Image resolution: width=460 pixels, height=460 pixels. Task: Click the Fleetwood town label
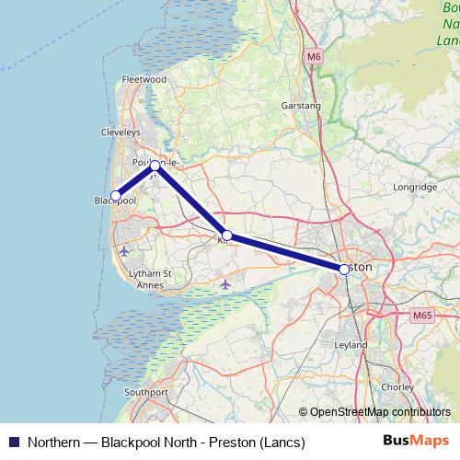click(x=144, y=80)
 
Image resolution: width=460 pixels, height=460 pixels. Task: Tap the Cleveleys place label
click(x=120, y=132)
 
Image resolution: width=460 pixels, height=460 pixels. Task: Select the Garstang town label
click(x=301, y=107)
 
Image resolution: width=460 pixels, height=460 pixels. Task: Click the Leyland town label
click(x=352, y=345)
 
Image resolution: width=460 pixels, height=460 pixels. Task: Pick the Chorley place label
click(x=397, y=387)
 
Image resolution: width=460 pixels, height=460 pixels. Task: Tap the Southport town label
click(x=146, y=392)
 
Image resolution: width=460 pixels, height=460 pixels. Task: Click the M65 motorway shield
click(x=421, y=316)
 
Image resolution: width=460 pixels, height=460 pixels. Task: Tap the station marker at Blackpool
click(x=116, y=195)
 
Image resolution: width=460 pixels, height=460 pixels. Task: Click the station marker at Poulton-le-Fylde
click(x=155, y=166)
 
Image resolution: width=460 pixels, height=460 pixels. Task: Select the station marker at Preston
click(x=344, y=269)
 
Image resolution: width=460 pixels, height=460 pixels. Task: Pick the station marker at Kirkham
click(x=226, y=236)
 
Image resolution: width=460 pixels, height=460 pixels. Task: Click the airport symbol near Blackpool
click(x=124, y=250)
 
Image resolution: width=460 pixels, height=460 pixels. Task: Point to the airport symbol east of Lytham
click(x=225, y=283)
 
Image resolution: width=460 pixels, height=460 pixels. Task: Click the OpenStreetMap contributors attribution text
click(x=380, y=412)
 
